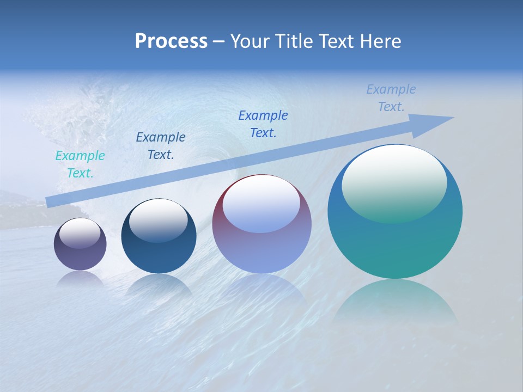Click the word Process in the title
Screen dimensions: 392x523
[171, 41]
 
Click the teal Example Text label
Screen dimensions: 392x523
[80, 164]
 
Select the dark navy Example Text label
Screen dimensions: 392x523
[161, 146]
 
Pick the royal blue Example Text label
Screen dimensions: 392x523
[263, 124]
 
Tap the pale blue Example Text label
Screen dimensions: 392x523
[391, 98]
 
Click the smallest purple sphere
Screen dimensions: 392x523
[80, 256]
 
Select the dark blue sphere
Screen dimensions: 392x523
[159, 253]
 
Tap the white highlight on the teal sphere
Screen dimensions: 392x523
[394, 182]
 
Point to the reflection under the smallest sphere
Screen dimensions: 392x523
[80, 279]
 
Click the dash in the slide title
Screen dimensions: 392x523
[218, 41]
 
